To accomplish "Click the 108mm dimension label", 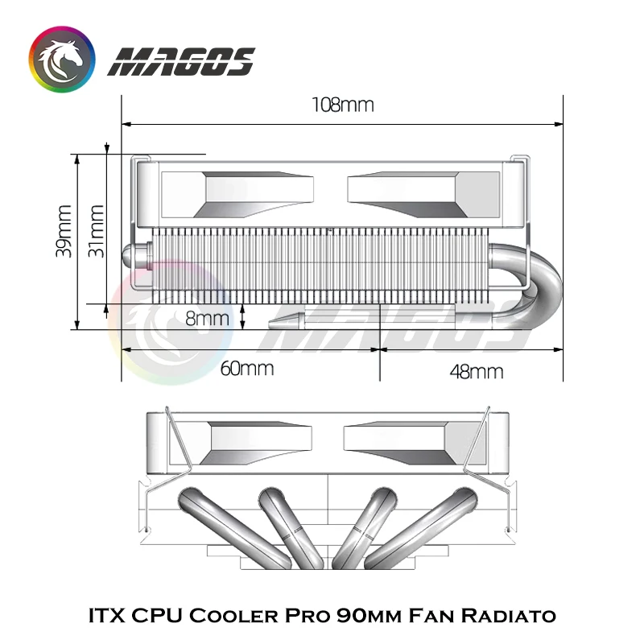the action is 343,105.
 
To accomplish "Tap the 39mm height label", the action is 64,231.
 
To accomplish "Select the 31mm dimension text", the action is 96,231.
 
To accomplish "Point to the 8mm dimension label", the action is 207,319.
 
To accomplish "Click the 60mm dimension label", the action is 247,369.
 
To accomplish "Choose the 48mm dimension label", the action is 477,372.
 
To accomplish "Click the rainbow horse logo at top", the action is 62,60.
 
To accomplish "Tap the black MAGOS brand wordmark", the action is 181,62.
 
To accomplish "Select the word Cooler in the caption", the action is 233,616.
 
